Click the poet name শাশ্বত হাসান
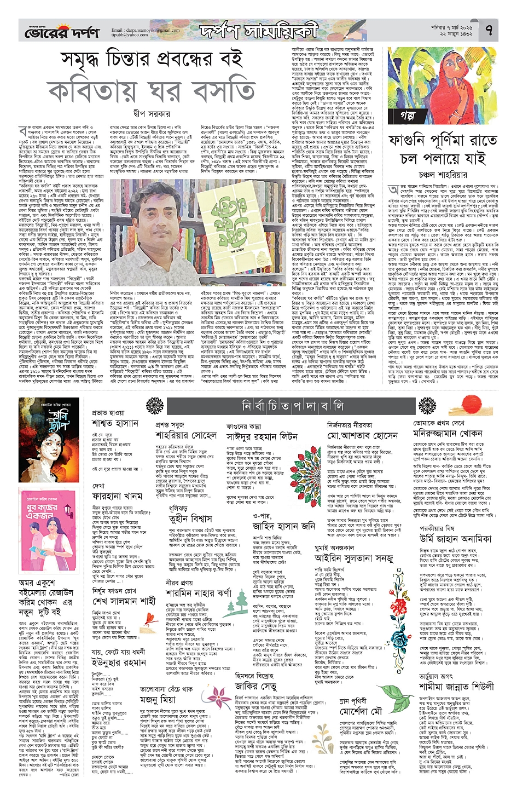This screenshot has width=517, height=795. coord(115,424)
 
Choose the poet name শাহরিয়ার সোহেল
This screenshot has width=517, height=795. coord(186,435)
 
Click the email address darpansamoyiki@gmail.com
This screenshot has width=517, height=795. coord(146,30)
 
